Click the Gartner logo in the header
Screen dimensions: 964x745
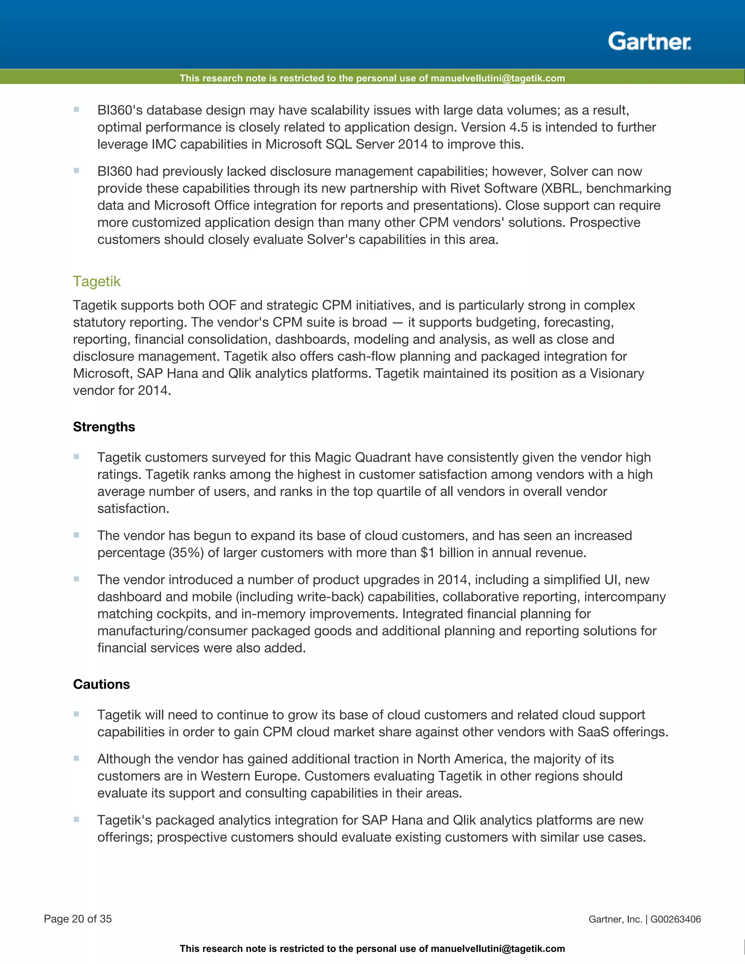649,41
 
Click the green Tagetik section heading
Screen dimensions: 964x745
97,281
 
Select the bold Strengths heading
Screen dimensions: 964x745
104,427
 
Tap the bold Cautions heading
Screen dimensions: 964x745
101,684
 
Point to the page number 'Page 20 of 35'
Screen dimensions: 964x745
78,919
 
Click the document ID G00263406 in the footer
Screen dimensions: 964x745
675,919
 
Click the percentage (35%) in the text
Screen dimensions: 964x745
186,553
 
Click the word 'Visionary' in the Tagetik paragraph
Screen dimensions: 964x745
617,374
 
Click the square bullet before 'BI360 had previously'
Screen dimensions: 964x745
76,170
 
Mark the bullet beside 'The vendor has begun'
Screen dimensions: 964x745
76,535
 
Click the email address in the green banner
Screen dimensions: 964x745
497,79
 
